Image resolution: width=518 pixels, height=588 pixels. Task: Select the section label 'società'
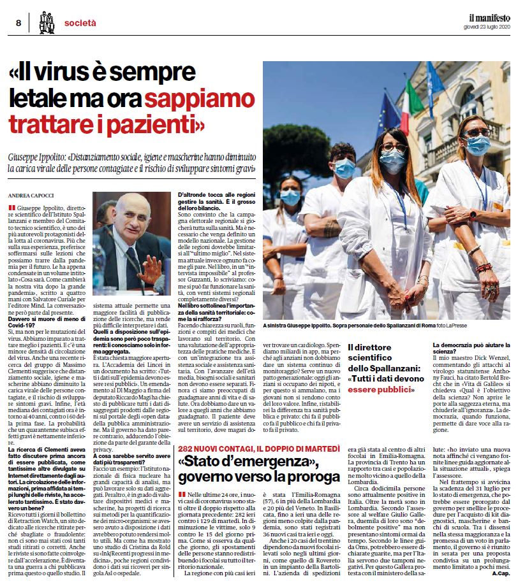point(80,23)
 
